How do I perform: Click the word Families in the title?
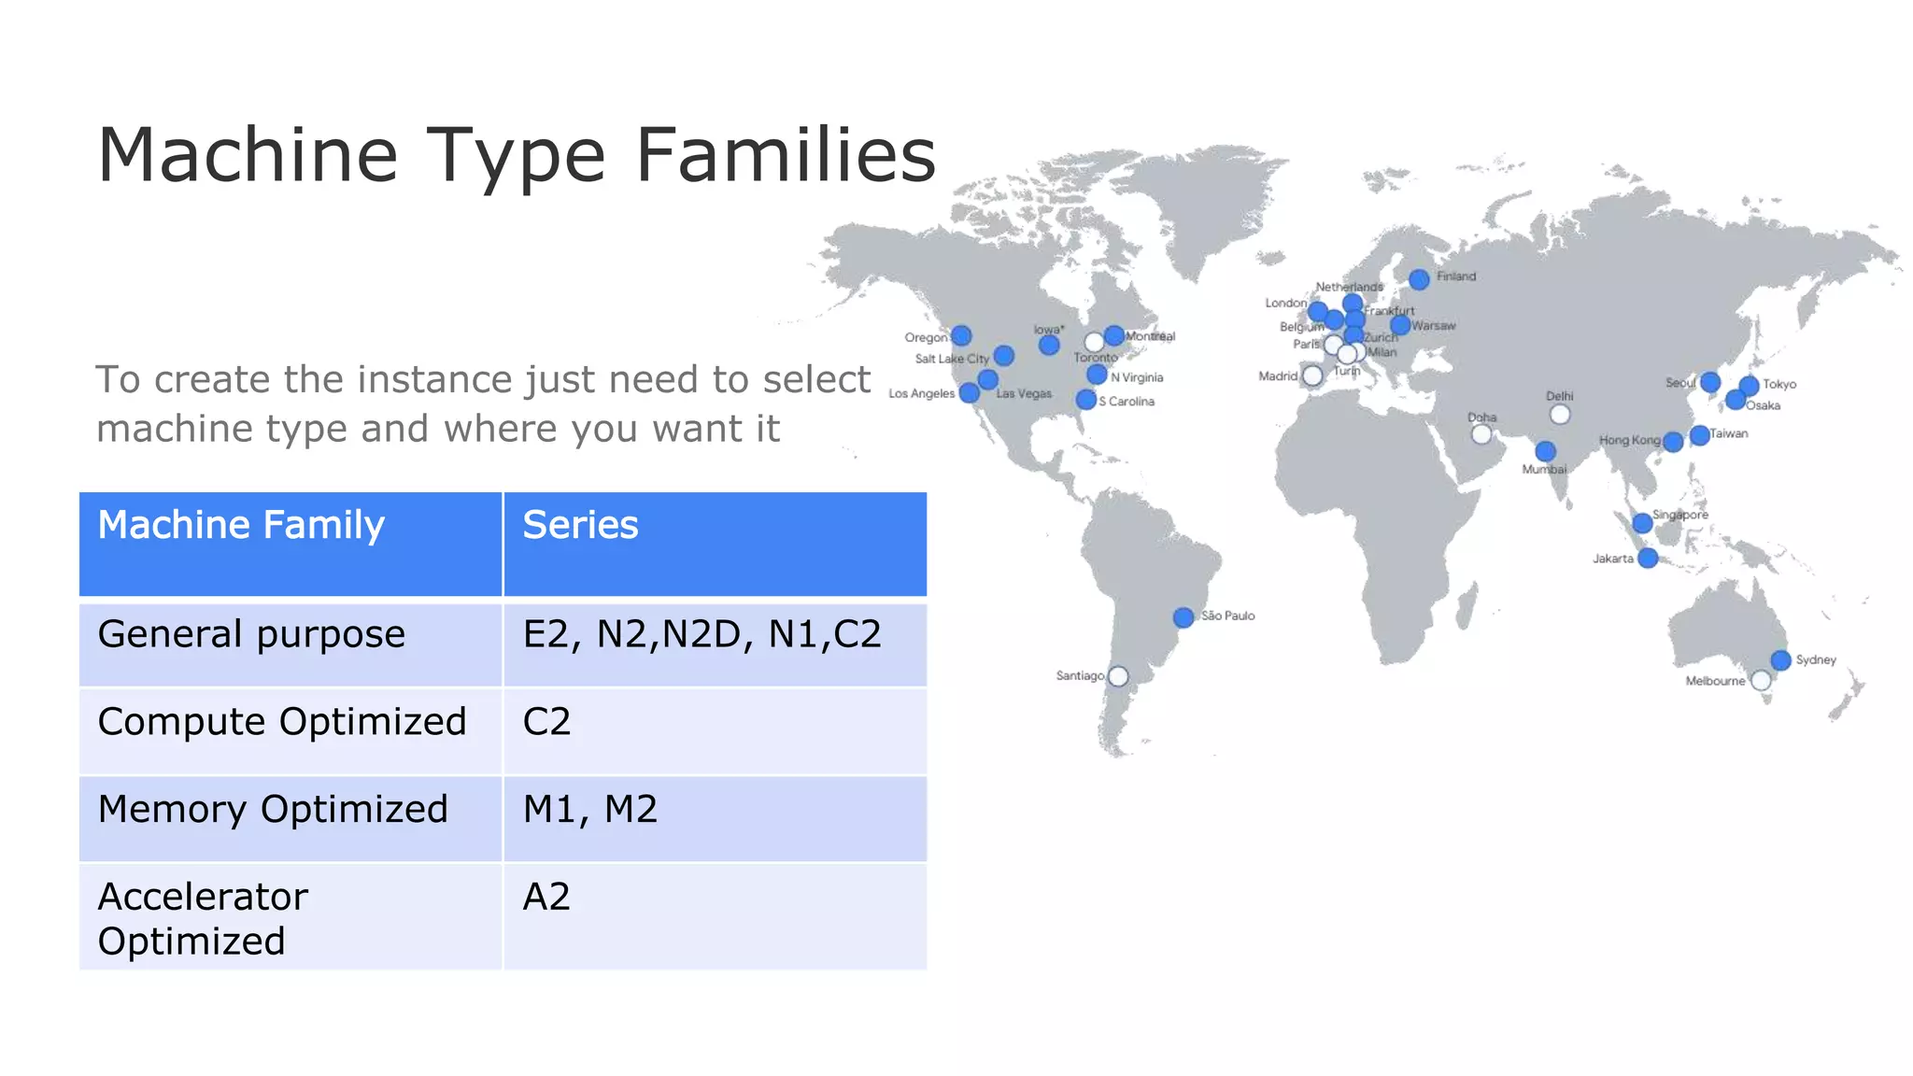[785, 155]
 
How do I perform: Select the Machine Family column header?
[241, 525]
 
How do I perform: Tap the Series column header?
[580, 525]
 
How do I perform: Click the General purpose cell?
[251, 634]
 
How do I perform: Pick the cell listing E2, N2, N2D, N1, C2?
[701, 634]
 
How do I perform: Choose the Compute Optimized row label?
[281, 722]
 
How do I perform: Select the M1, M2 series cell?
[590, 809]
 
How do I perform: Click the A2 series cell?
[546, 897]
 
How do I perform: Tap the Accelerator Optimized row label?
[203, 918]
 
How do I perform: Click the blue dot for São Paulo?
[1183, 617]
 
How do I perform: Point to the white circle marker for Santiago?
[1118, 676]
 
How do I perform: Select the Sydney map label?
[1816, 659]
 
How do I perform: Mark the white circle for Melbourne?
[1761, 681]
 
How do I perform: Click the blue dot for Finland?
[1419, 279]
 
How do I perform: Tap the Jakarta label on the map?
[1613, 559]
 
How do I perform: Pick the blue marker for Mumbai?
[1546, 452]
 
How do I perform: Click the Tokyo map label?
[1779, 384]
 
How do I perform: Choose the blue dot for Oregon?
[961, 336]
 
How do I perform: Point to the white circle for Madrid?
[1312, 375]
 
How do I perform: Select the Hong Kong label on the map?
[1629, 440]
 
